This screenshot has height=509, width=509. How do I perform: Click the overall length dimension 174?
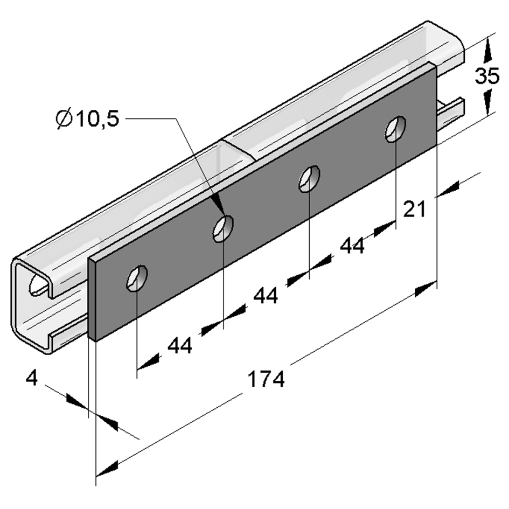click(266, 379)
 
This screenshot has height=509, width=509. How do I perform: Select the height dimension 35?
click(486, 76)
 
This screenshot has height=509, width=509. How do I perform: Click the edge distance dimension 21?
click(414, 208)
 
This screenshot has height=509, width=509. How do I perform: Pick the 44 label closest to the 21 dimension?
click(352, 246)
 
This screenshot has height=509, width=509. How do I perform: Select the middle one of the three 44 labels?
click(266, 295)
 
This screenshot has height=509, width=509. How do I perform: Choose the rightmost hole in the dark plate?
click(395, 129)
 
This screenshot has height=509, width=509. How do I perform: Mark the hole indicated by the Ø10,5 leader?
click(223, 228)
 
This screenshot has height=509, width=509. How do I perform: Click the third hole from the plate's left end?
click(309, 178)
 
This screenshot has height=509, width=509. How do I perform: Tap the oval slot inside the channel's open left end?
click(38, 284)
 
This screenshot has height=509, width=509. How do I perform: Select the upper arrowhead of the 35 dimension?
click(487, 51)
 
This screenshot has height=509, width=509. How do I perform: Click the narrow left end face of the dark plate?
click(92, 299)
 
